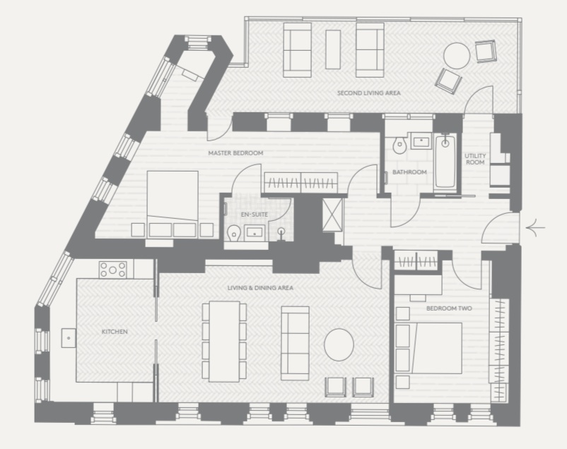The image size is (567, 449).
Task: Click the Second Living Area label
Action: coord(369,92)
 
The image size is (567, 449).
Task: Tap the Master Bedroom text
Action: coord(235,152)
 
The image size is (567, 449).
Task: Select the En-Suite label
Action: coord(255,214)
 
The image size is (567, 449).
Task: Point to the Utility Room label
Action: coord(475,159)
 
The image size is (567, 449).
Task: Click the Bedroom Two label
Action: coord(449,308)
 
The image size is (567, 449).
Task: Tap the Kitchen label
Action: coord(115,331)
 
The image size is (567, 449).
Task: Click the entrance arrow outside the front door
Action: coord(535,228)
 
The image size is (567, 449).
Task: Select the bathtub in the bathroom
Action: coord(445,161)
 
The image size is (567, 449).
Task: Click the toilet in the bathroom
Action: coord(399,145)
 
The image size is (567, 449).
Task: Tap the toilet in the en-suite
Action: coord(235,234)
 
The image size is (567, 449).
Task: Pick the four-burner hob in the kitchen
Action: coord(113,270)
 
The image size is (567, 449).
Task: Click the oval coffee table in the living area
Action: coord(339,345)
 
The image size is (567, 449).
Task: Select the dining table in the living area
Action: coord(225,342)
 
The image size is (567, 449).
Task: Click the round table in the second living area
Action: coord(457,56)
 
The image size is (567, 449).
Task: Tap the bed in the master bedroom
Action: coord(173,205)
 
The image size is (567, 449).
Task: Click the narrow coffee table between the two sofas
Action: coord(333,49)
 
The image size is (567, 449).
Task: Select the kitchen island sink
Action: coord(69,338)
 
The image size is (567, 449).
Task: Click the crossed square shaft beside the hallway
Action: coord(332,214)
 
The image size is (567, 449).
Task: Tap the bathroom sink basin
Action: coord(421,141)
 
